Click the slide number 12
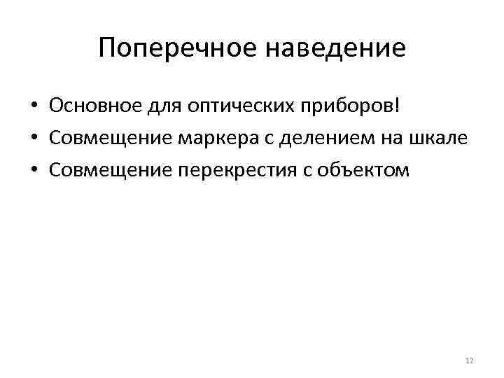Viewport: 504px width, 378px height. click(469, 360)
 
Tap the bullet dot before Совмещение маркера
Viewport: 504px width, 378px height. click(34, 139)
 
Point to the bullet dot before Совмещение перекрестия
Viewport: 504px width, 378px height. click(34, 169)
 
